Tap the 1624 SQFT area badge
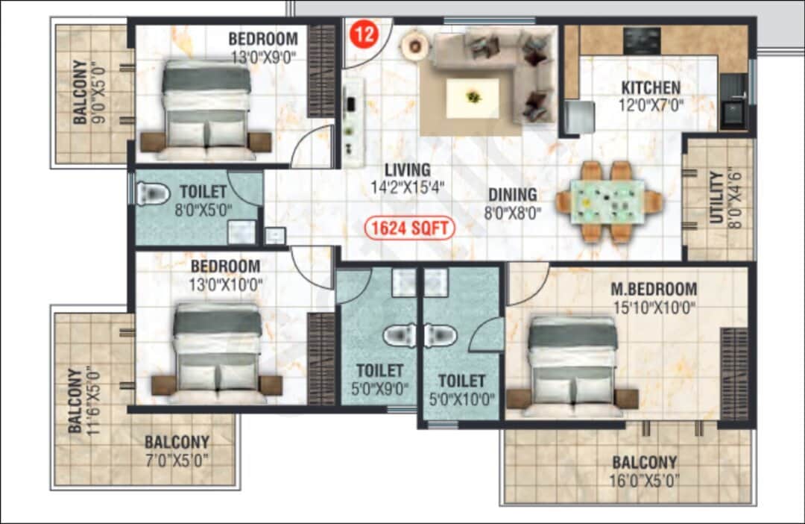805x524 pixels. pyautogui.click(x=410, y=228)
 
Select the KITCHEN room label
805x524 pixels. pyautogui.click(x=651, y=88)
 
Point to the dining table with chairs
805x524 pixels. pyautogui.click(x=608, y=202)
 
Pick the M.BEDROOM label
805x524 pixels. pyautogui.click(x=654, y=289)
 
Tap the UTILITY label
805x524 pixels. pyautogui.click(x=717, y=198)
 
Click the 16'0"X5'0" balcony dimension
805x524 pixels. pyautogui.click(x=645, y=480)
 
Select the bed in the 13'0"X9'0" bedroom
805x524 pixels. pyautogui.click(x=206, y=108)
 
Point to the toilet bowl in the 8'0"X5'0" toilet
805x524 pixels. pyautogui.click(x=153, y=195)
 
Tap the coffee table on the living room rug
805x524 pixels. pyautogui.click(x=473, y=97)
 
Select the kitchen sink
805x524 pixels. pyautogui.click(x=733, y=114)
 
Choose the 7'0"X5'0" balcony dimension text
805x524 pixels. pyautogui.click(x=177, y=459)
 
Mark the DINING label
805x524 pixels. pyautogui.click(x=511, y=196)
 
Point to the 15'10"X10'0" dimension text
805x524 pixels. pyautogui.click(x=654, y=306)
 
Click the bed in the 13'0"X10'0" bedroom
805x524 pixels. pyautogui.click(x=218, y=351)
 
